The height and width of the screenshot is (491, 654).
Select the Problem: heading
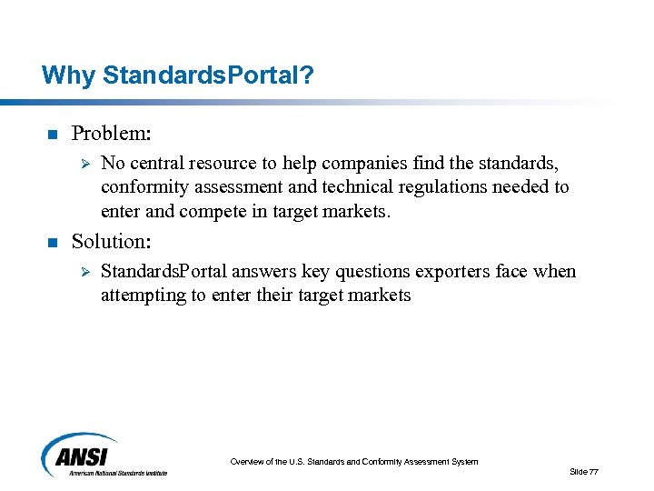pos(111,134)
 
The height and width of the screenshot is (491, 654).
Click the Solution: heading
pos(111,241)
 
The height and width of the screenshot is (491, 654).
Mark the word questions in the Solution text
pos(374,272)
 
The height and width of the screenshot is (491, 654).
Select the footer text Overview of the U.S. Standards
pos(353,462)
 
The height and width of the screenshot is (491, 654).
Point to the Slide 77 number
pos(583,471)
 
